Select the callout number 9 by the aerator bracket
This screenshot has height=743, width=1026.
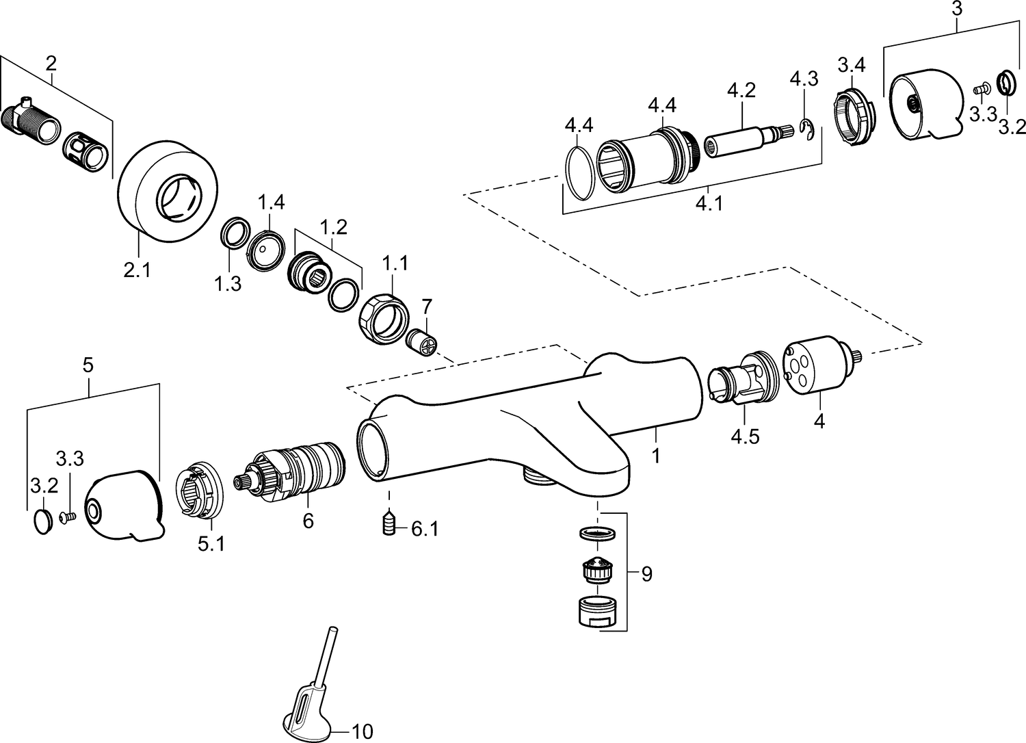[646, 573]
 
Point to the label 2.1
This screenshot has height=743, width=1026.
[137, 271]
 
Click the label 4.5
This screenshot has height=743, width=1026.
[744, 436]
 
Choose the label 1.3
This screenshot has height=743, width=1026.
[228, 284]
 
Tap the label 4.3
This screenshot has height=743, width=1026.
[804, 79]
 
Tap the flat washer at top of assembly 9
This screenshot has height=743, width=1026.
[597, 534]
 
